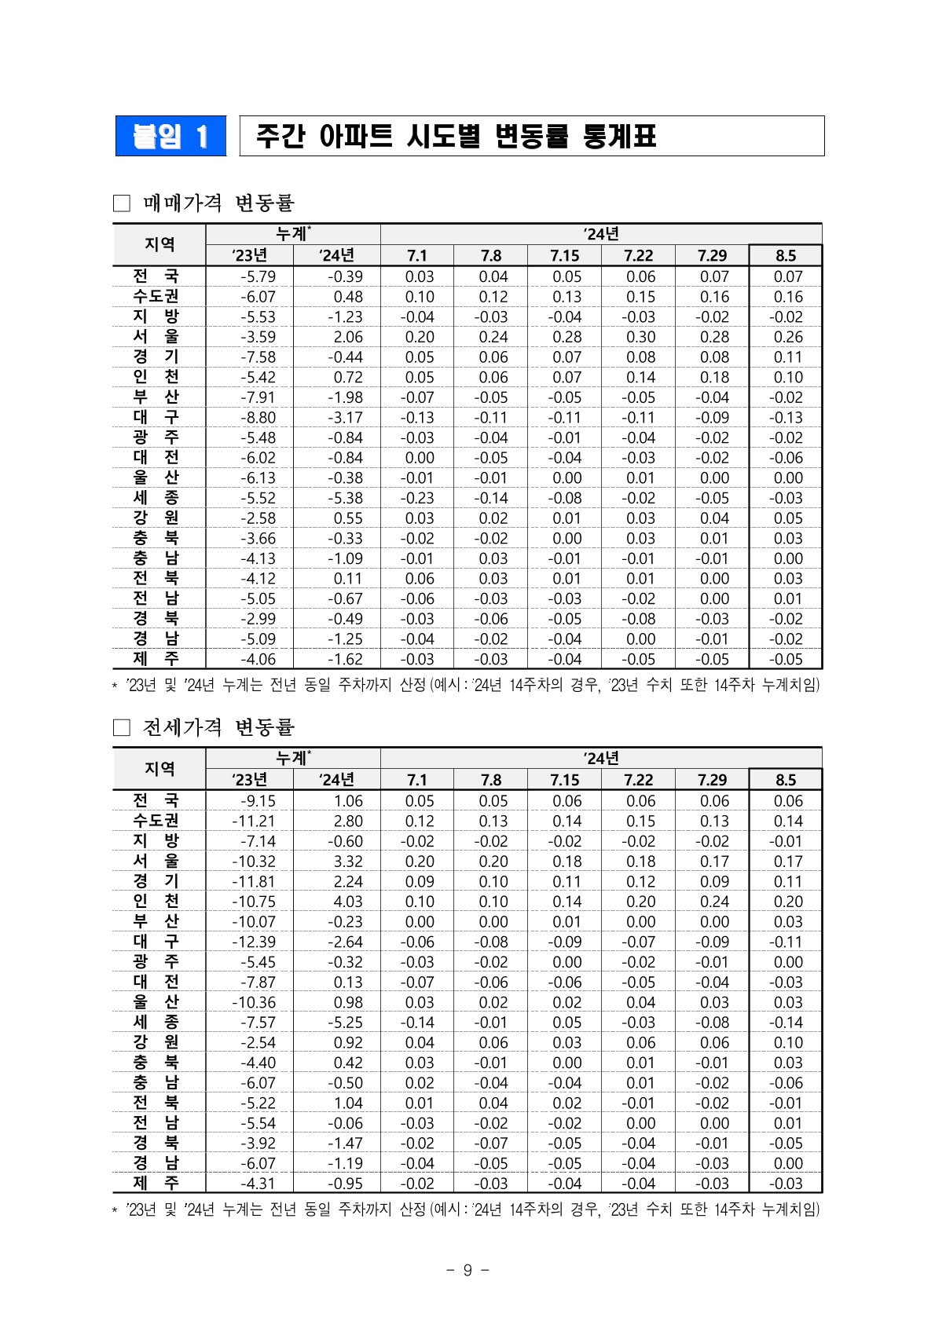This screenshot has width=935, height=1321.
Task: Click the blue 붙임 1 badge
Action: [170, 137]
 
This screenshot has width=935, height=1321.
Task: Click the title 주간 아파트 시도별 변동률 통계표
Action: [456, 137]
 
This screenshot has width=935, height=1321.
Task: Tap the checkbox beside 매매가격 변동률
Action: [121, 203]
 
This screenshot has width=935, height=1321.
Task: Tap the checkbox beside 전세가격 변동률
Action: [121, 727]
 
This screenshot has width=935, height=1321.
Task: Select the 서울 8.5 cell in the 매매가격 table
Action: [787, 337]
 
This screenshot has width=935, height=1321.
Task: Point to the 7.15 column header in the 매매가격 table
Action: [564, 255]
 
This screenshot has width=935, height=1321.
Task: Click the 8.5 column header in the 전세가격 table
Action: [786, 780]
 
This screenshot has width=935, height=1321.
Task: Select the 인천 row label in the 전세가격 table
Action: [156, 901]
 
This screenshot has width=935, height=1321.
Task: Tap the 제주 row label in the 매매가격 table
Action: [156, 659]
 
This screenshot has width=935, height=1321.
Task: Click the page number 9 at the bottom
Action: [467, 1270]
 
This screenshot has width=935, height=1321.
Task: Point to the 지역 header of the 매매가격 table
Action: [159, 244]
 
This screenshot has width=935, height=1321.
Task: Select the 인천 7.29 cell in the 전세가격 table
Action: [713, 902]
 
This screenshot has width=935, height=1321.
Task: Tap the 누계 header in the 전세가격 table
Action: [293, 758]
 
